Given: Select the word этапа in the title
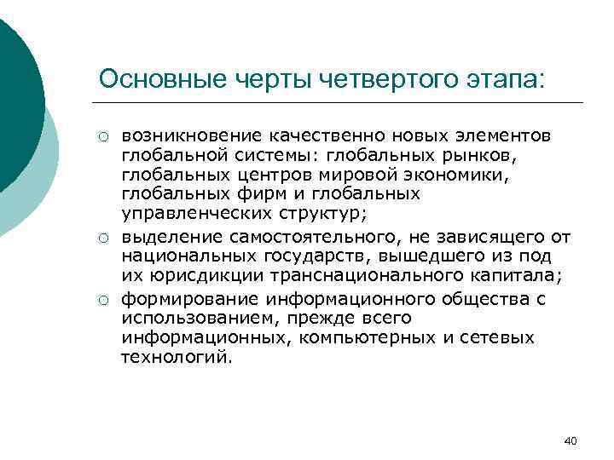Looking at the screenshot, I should point(503,78).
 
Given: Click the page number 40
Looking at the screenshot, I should point(571,440).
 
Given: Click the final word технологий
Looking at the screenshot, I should point(175,358).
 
